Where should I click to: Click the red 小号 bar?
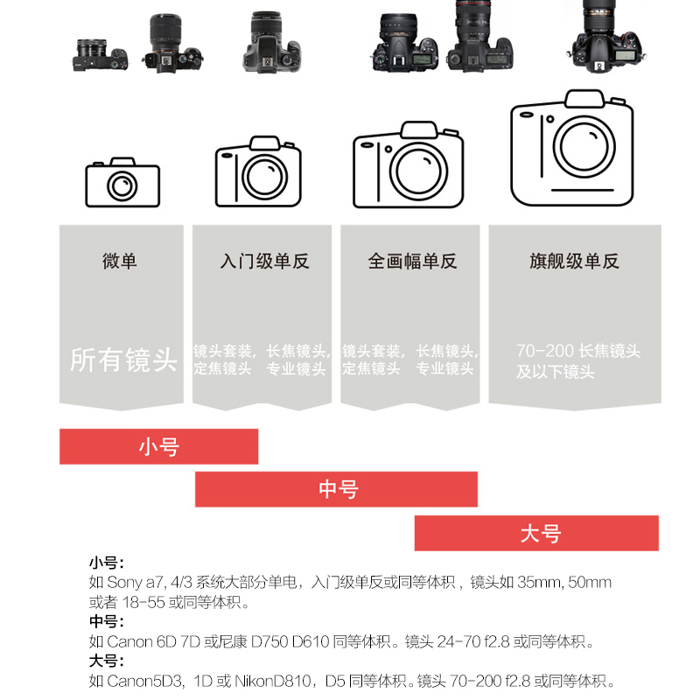[159, 446]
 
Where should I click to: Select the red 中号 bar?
[336, 489]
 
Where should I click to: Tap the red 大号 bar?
[536, 533]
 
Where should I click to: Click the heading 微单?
[119, 261]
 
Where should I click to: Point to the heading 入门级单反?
[264, 261]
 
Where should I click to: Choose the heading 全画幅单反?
[412, 261]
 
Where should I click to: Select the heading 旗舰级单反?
[575, 261]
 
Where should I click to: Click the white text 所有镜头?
[123, 360]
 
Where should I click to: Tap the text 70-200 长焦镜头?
[578, 351]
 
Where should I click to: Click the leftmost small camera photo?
[101, 55]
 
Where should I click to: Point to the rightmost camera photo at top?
[607, 38]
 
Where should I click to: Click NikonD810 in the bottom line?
[272, 681]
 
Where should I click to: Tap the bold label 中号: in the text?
[107, 621]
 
